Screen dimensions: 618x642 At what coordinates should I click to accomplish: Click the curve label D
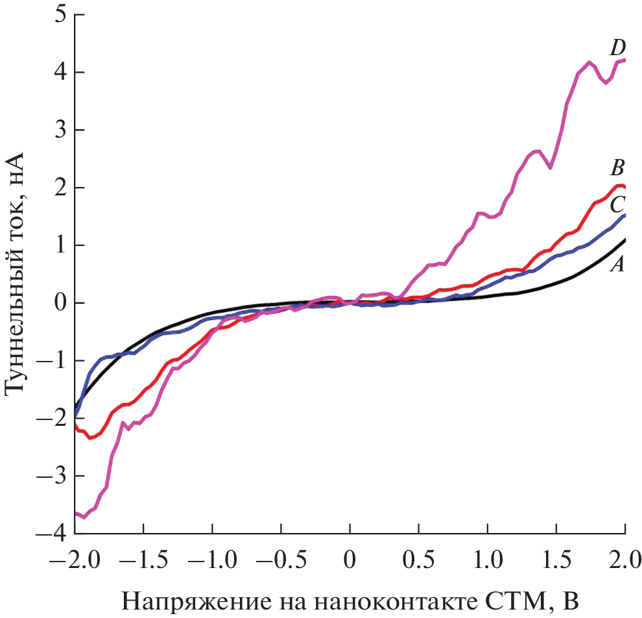pyautogui.click(x=617, y=47)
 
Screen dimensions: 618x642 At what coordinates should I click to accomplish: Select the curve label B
pyautogui.click(x=617, y=169)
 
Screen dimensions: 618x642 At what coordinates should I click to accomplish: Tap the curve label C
pyautogui.click(x=617, y=205)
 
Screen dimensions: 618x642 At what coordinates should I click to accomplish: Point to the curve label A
pyautogui.click(x=617, y=264)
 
